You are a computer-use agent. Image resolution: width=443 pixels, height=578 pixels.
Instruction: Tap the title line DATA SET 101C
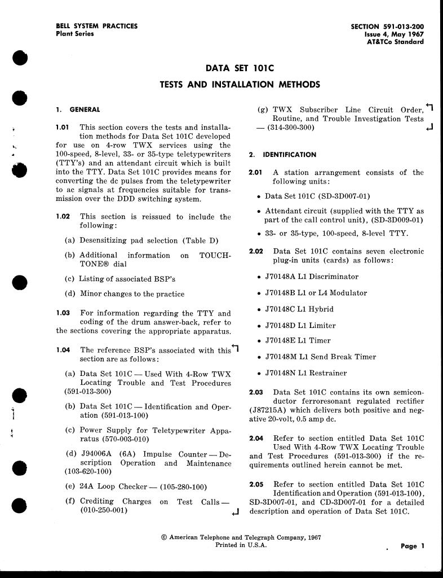click(240, 68)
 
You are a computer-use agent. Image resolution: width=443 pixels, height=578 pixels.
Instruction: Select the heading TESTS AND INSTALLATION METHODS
click(240, 85)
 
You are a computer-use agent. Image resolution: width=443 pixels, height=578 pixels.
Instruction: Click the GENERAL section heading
click(85, 110)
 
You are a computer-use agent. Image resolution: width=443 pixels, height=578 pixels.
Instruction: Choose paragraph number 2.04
click(256, 438)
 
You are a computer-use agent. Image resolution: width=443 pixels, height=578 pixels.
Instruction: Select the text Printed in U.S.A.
click(241, 545)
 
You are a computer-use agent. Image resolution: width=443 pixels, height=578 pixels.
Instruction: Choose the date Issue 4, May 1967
click(395, 34)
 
